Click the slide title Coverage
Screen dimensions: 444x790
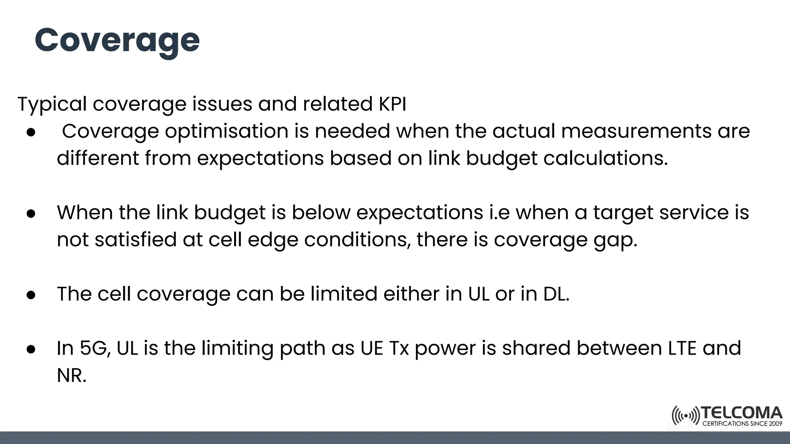click(x=117, y=41)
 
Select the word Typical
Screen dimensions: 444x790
click(x=52, y=104)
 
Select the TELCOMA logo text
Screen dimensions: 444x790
click(x=742, y=413)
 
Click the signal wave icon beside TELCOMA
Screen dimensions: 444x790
click(x=685, y=416)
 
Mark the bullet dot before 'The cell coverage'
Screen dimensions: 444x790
click(x=31, y=295)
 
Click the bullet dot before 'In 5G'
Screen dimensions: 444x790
click(x=31, y=349)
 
